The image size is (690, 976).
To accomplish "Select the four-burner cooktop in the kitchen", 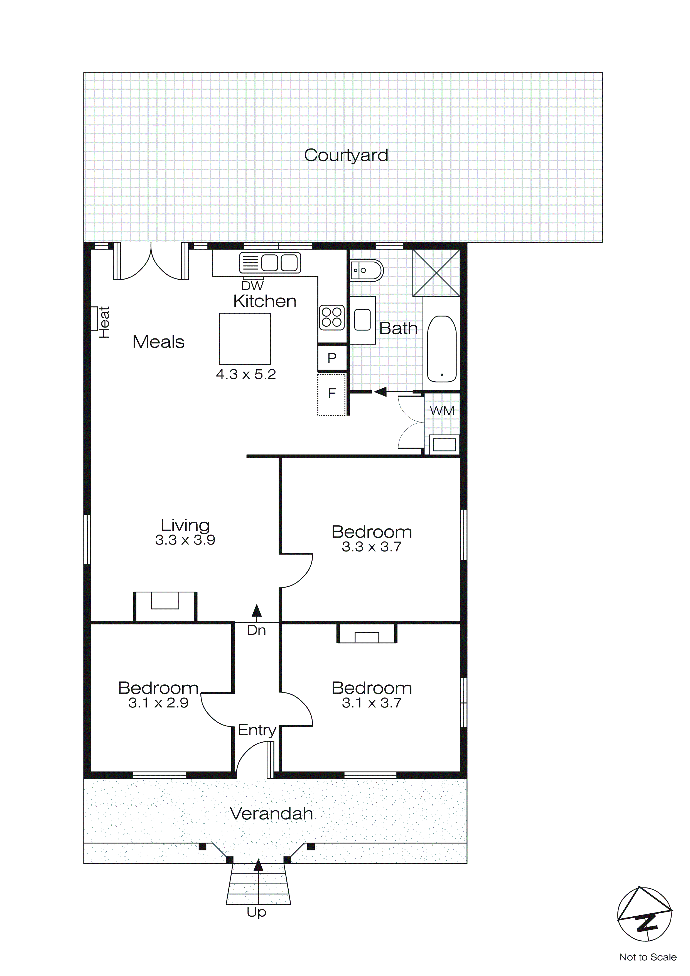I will (x=332, y=317).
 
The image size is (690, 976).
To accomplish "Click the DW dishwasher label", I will (x=252, y=286).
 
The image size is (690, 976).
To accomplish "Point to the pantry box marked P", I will (x=332, y=358).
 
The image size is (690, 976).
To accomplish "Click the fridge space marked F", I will (x=332, y=394).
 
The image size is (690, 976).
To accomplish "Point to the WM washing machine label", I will (x=442, y=411).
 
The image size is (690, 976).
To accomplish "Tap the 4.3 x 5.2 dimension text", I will (x=246, y=375).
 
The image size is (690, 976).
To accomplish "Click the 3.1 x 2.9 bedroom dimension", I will (x=158, y=703).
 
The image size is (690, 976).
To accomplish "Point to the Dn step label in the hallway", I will (x=256, y=630).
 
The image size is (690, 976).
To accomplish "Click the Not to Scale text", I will (x=647, y=957).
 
